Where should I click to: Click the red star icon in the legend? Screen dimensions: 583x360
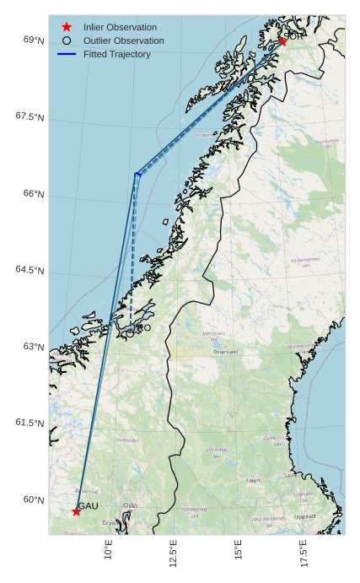(67, 27)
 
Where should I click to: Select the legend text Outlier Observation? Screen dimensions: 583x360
(124, 40)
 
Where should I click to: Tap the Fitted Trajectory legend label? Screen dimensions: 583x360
(117, 54)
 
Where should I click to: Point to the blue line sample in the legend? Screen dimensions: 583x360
(67, 54)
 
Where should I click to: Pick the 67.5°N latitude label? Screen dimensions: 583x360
(30, 116)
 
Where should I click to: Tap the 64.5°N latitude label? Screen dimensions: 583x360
(30, 270)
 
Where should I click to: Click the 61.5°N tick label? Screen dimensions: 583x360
(30, 423)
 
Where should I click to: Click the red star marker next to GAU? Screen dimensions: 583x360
(77, 511)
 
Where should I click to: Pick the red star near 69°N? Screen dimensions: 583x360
(282, 41)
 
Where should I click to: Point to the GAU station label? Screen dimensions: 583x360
(89, 505)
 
